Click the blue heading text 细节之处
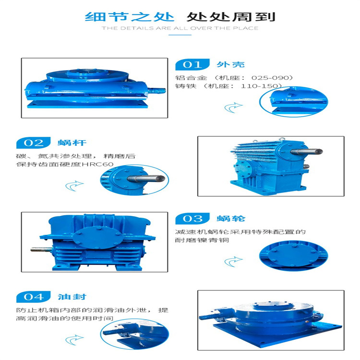[x=130, y=17]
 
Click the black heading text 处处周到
[x=231, y=17]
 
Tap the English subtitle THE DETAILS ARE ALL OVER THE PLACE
[x=180, y=28]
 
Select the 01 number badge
[x=192, y=64]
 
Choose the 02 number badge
[x=34, y=143]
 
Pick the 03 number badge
[x=192, y=218]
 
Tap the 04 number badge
[x=34, y=297]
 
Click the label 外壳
[x=230, y=64]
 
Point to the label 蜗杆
[x=72, y=143]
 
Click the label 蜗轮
[x=231, y=218]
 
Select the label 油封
[x=72, y=297]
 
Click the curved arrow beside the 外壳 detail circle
[x=233, y=108]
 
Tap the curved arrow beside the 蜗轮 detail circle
[x=233, y=262]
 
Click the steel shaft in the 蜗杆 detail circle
[x=146, y=179]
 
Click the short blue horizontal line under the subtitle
[x=180, y=35]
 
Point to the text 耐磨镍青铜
[x=202, y=240]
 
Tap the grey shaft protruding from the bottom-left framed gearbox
[x=41, y=249]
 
